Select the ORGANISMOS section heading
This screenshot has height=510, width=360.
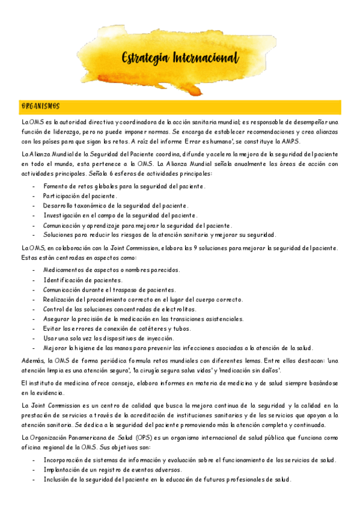pyautogui.click(x=40, y=106)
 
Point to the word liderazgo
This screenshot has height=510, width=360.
pyautogui.click(x=69, y=132)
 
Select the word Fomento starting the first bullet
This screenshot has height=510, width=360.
pyautogui.click(x=56, y=186)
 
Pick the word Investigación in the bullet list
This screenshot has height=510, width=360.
pyautogui.click(x=63, y=215)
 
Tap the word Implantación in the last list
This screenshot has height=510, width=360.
pyautogui.click(x=63, y=469)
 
